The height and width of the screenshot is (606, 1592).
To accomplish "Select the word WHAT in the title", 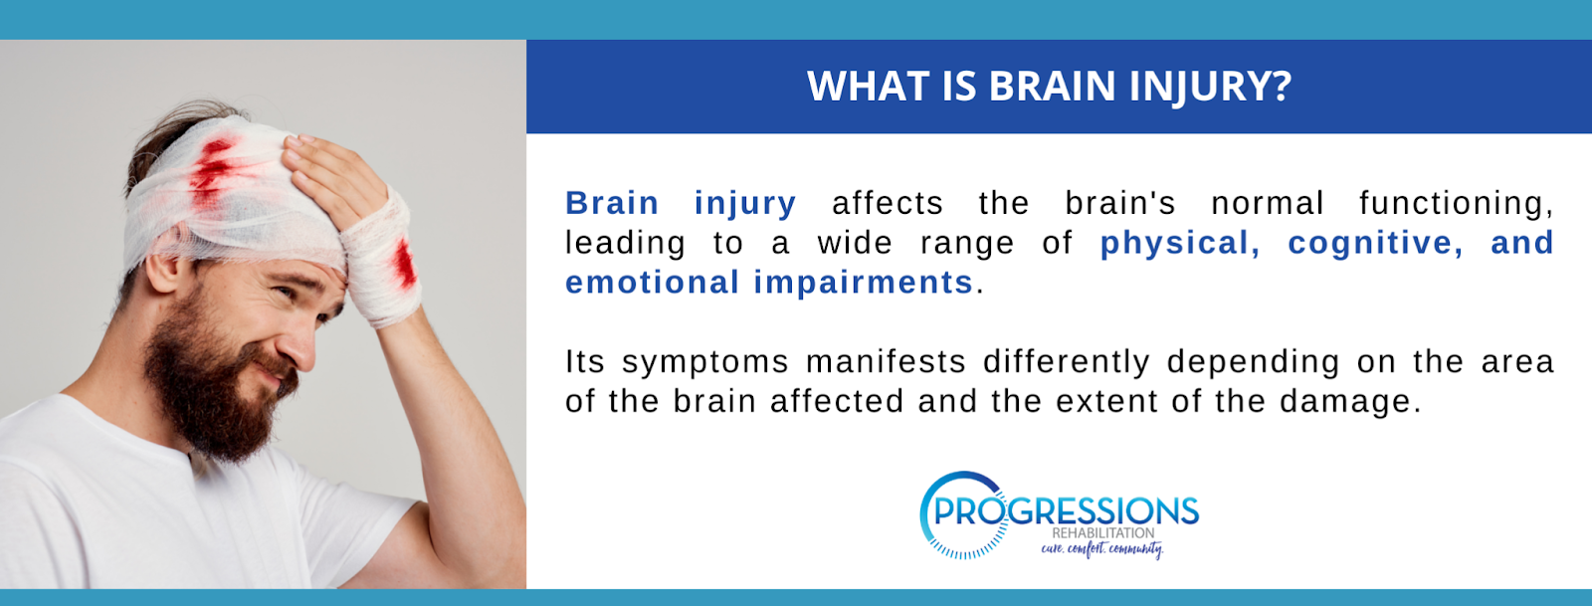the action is [868, 86].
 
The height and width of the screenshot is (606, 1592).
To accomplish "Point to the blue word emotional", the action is [653, 282].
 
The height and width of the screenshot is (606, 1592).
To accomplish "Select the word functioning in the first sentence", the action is [1457, 204].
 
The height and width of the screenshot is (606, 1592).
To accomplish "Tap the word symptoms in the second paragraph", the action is [705, 363].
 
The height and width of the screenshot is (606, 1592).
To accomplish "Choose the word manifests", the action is [886, 361].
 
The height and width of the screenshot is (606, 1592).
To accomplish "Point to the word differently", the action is [1066, 363].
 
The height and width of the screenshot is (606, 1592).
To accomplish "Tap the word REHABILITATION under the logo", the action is [1103, 532].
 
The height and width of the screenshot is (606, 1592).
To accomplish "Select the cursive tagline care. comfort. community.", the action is [1102, 549].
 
